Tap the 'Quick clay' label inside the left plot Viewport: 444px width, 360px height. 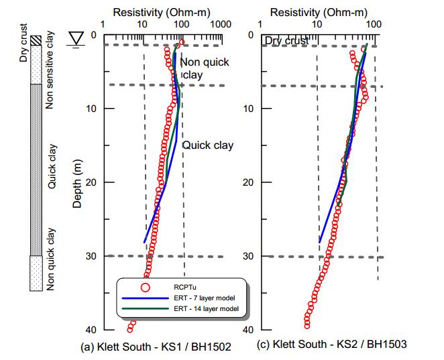click(x=207, y=145)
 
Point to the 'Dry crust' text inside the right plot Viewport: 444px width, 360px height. click(x=286, y=41)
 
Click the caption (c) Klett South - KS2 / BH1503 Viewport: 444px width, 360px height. click(x=331, y=344)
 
